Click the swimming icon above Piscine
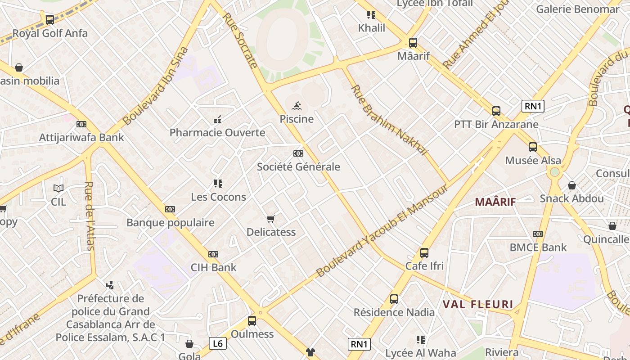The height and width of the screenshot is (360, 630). [x=297, y=106]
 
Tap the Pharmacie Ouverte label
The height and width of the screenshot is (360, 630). [x=217, y=133]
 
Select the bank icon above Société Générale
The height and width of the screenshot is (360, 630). [x=298, y=153]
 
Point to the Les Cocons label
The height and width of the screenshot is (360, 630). [x=218, y=197]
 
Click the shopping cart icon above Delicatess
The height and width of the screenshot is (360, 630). [x=270, y=219]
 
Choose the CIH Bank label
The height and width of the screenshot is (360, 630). [x=213, y=267]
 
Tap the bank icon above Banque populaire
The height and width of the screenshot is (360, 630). [x=170, y=209]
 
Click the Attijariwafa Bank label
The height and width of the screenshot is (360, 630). [x=81, y=137]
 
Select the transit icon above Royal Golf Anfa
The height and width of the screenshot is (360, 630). [x=50, y=20]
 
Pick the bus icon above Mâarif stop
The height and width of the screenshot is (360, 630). [x=413, y=43]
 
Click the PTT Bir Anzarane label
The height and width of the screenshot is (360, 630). [x=496, y=124]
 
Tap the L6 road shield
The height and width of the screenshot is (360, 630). [x=218, y=344]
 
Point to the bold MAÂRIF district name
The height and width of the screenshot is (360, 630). [x=495, y=202]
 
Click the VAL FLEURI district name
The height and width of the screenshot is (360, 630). [x=478, y=304]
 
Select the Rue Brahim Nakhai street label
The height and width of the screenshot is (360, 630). [x=389, y=120]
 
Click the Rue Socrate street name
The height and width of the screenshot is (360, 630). [x=240, y=40]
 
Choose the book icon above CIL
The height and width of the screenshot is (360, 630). [x=58, y=188]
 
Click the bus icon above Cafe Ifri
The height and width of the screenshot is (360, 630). [x=424, y=253]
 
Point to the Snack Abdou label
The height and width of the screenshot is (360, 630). [x=571, y=198]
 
